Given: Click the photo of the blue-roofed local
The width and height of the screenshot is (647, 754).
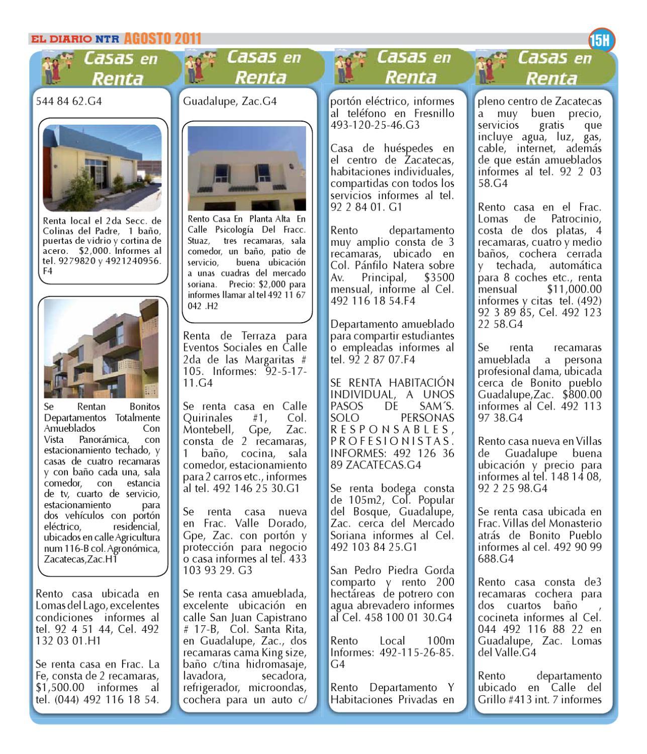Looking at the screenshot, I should click(x=103, y=168).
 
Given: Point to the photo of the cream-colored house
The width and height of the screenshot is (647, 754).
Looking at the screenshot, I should click(x=246, y=168).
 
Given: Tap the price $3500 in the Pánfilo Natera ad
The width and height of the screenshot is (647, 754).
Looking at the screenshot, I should click(x=439, y=278).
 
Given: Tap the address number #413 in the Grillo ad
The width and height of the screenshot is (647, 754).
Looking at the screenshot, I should click(x=521, y=699).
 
